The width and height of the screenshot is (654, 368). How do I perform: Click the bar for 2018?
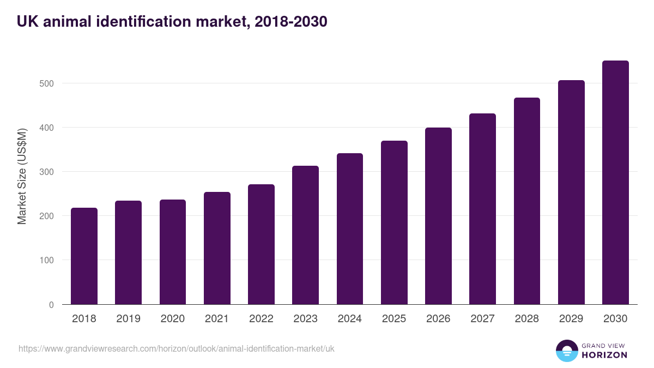pos(84,256)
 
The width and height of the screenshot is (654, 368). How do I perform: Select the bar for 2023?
pos(305,236)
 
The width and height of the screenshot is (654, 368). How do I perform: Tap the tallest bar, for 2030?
pos(615,183)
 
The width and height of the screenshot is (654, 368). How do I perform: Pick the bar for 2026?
pos(438,216)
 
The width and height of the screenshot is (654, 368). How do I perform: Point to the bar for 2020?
pos(172,252)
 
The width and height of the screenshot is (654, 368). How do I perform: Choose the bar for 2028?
pos(526,201)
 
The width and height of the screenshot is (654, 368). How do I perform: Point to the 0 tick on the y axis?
pos(51,305)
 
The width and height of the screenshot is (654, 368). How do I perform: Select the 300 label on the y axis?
pos(47,172)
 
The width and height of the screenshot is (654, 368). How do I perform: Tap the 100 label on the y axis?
pos(47,260)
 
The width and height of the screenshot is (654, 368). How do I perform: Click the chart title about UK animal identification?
pos(172,22)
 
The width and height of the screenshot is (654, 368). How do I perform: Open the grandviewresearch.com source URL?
pos(177,348)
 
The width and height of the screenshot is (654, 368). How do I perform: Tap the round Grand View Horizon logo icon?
pos(566,351)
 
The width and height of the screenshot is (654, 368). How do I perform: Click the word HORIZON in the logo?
pos(604,355)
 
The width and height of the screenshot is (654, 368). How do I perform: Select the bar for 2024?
pos(349,229)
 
